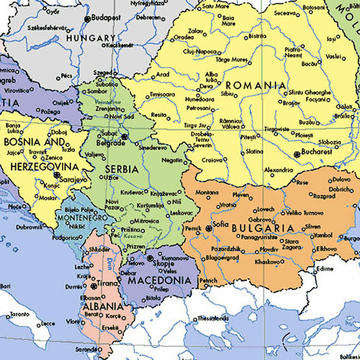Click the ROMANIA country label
[254, 85]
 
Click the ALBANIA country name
[99, 305]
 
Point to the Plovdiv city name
[268, 248]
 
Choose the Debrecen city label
[148, 16]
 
